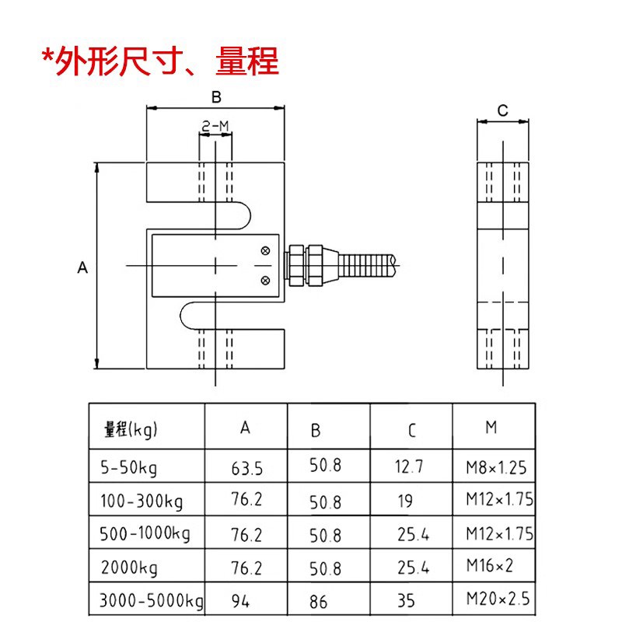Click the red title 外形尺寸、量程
coord(160,61)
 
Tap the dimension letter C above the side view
coord(502,110)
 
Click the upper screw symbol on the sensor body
coord(266,250)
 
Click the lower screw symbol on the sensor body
coord(266,279)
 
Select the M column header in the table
coord(491,427)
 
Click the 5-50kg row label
coord(128,468)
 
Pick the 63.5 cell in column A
coord(247,469)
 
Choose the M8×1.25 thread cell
coord(495,467)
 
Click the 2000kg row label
coord(129,568)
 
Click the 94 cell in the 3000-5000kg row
coord(240,601)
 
